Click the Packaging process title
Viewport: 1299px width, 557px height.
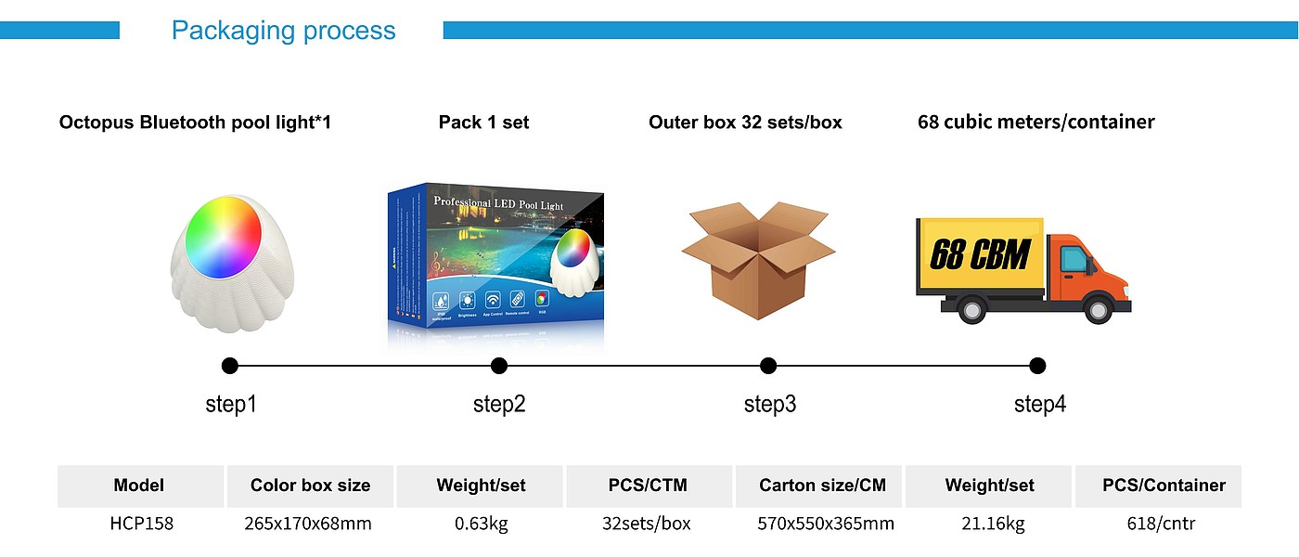coord(283,31)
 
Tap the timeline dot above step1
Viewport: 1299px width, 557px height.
coord(230,366)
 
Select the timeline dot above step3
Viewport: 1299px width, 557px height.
coord(768,366)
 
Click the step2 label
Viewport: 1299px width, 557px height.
coord(499,405)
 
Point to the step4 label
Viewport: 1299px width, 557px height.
coord(1039,405)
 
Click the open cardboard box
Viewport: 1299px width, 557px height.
coord(758,261)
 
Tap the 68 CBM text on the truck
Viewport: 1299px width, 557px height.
coord(980,254)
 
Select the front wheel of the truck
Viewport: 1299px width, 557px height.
coord(1098,308)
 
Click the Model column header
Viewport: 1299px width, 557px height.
coord(139,486)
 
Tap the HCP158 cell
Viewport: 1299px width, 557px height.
coord(141,524)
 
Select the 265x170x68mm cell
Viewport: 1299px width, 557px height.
coord(309,524)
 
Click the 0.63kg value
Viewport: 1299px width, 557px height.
coord(482,524)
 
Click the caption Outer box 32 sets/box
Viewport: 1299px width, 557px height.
coord(745,123)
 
